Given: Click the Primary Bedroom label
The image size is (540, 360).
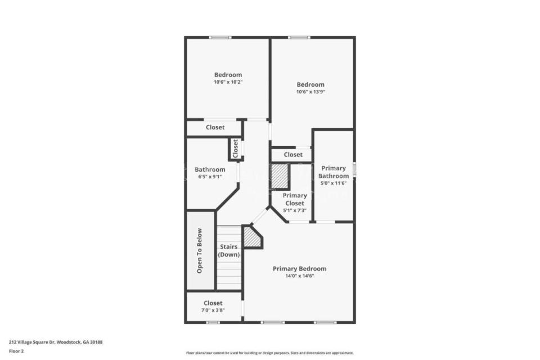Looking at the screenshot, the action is pos(300,269).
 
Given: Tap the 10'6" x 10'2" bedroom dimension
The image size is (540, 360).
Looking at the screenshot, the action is pos(228,82).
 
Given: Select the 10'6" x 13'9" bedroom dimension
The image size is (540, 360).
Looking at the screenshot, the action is pos(310,92).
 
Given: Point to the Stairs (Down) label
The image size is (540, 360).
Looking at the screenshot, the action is pos(229,251).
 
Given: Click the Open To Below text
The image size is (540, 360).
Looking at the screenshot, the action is pos(199,251).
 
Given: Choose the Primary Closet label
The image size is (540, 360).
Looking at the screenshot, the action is pos(295,200).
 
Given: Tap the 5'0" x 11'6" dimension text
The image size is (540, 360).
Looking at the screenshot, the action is pos(334,183).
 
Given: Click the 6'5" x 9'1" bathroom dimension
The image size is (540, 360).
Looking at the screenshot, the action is pos(210,177).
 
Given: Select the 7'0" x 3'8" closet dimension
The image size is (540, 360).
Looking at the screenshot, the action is pos(213,310).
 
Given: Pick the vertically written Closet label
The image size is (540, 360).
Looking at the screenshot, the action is pos(236,148).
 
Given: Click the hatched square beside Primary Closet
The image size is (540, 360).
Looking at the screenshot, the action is pos(280,176).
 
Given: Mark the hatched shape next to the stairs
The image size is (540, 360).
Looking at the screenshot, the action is pos(253,237).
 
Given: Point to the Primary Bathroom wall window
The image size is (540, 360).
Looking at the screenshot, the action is pos(354,170).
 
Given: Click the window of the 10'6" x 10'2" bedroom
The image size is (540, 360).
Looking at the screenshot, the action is pos(220,37).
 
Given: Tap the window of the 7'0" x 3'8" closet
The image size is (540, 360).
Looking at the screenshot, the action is pos(213,322).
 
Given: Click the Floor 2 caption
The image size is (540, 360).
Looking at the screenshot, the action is pos(16,352).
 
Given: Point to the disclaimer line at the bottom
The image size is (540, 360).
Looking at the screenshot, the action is pos(270,353).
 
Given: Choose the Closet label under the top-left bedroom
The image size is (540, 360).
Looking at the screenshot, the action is pos(215,127).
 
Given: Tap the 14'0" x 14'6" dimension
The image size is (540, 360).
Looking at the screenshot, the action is pos(300,276).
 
